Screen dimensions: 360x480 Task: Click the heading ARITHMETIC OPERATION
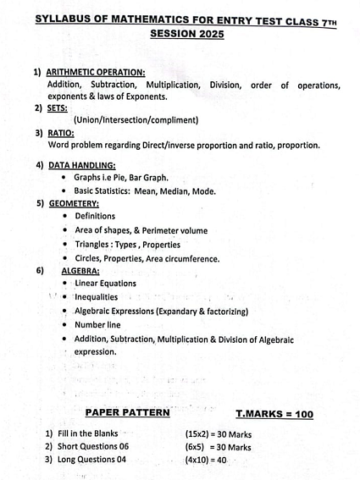[x=96, y=73]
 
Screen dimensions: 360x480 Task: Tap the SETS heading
[x=58, y=108]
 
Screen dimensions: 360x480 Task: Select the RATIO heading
[x=60, y=133]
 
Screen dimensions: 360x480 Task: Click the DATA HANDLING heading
[x=82, y=165]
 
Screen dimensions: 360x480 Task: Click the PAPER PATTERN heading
[x=128, y=413]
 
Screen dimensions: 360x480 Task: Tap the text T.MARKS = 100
[x=274, y=414]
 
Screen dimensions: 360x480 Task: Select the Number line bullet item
[x=97, y=324]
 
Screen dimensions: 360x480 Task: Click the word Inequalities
[x=96, y=297]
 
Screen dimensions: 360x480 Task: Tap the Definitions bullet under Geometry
[x=95, y=216]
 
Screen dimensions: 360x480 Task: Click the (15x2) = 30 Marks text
[x=218, y=433]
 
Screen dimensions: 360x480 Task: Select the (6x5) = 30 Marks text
[x=218, y=447]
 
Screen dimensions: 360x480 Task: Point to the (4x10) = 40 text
[x=206, y=460]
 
